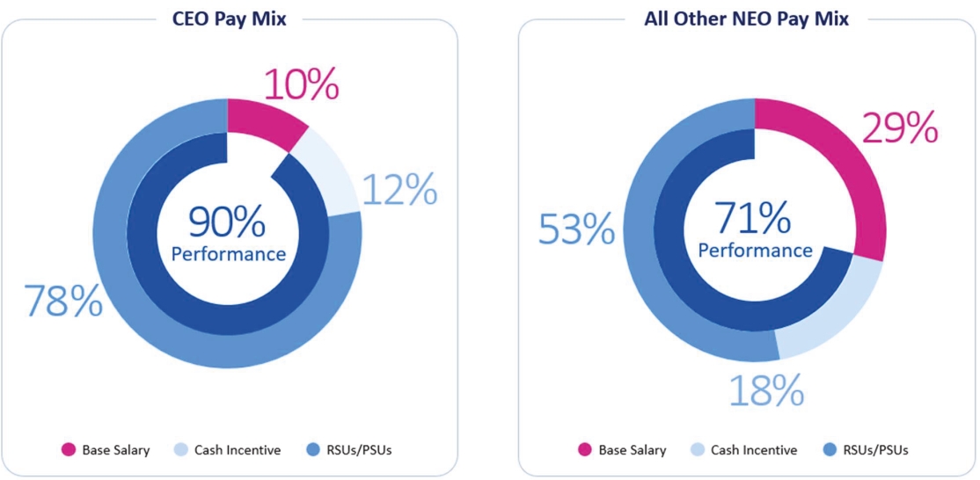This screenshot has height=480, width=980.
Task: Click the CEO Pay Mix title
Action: click(x=229, y=18)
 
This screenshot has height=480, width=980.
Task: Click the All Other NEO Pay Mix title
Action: click(x=746, y=18)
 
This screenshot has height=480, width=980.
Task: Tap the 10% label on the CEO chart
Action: click(x=301, y=85)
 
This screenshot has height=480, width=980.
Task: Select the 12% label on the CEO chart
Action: click(x=399, y=189)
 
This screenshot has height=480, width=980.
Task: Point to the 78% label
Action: click(x=63, y=301)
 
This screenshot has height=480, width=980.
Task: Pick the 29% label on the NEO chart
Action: click(x=898, y=129)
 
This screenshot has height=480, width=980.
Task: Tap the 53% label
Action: click(x=576, y=229)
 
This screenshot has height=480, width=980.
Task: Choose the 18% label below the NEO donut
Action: click(x=766, y=389)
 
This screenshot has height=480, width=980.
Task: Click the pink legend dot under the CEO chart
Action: click(x=68, y=450)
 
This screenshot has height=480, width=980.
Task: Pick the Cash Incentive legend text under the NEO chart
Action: click(x=754, y=450)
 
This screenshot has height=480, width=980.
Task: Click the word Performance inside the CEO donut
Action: click(x=228, y=254)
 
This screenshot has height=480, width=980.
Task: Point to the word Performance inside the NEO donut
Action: click(x=755, y=251)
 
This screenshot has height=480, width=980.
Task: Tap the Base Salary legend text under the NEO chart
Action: click(x=633, y=450)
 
